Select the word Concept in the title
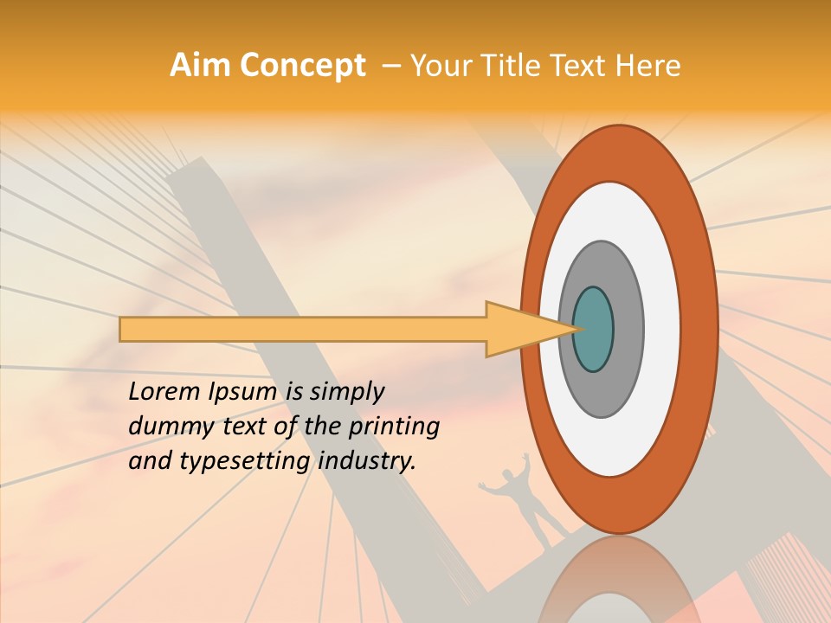[303, 67]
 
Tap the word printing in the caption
[394, 427]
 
